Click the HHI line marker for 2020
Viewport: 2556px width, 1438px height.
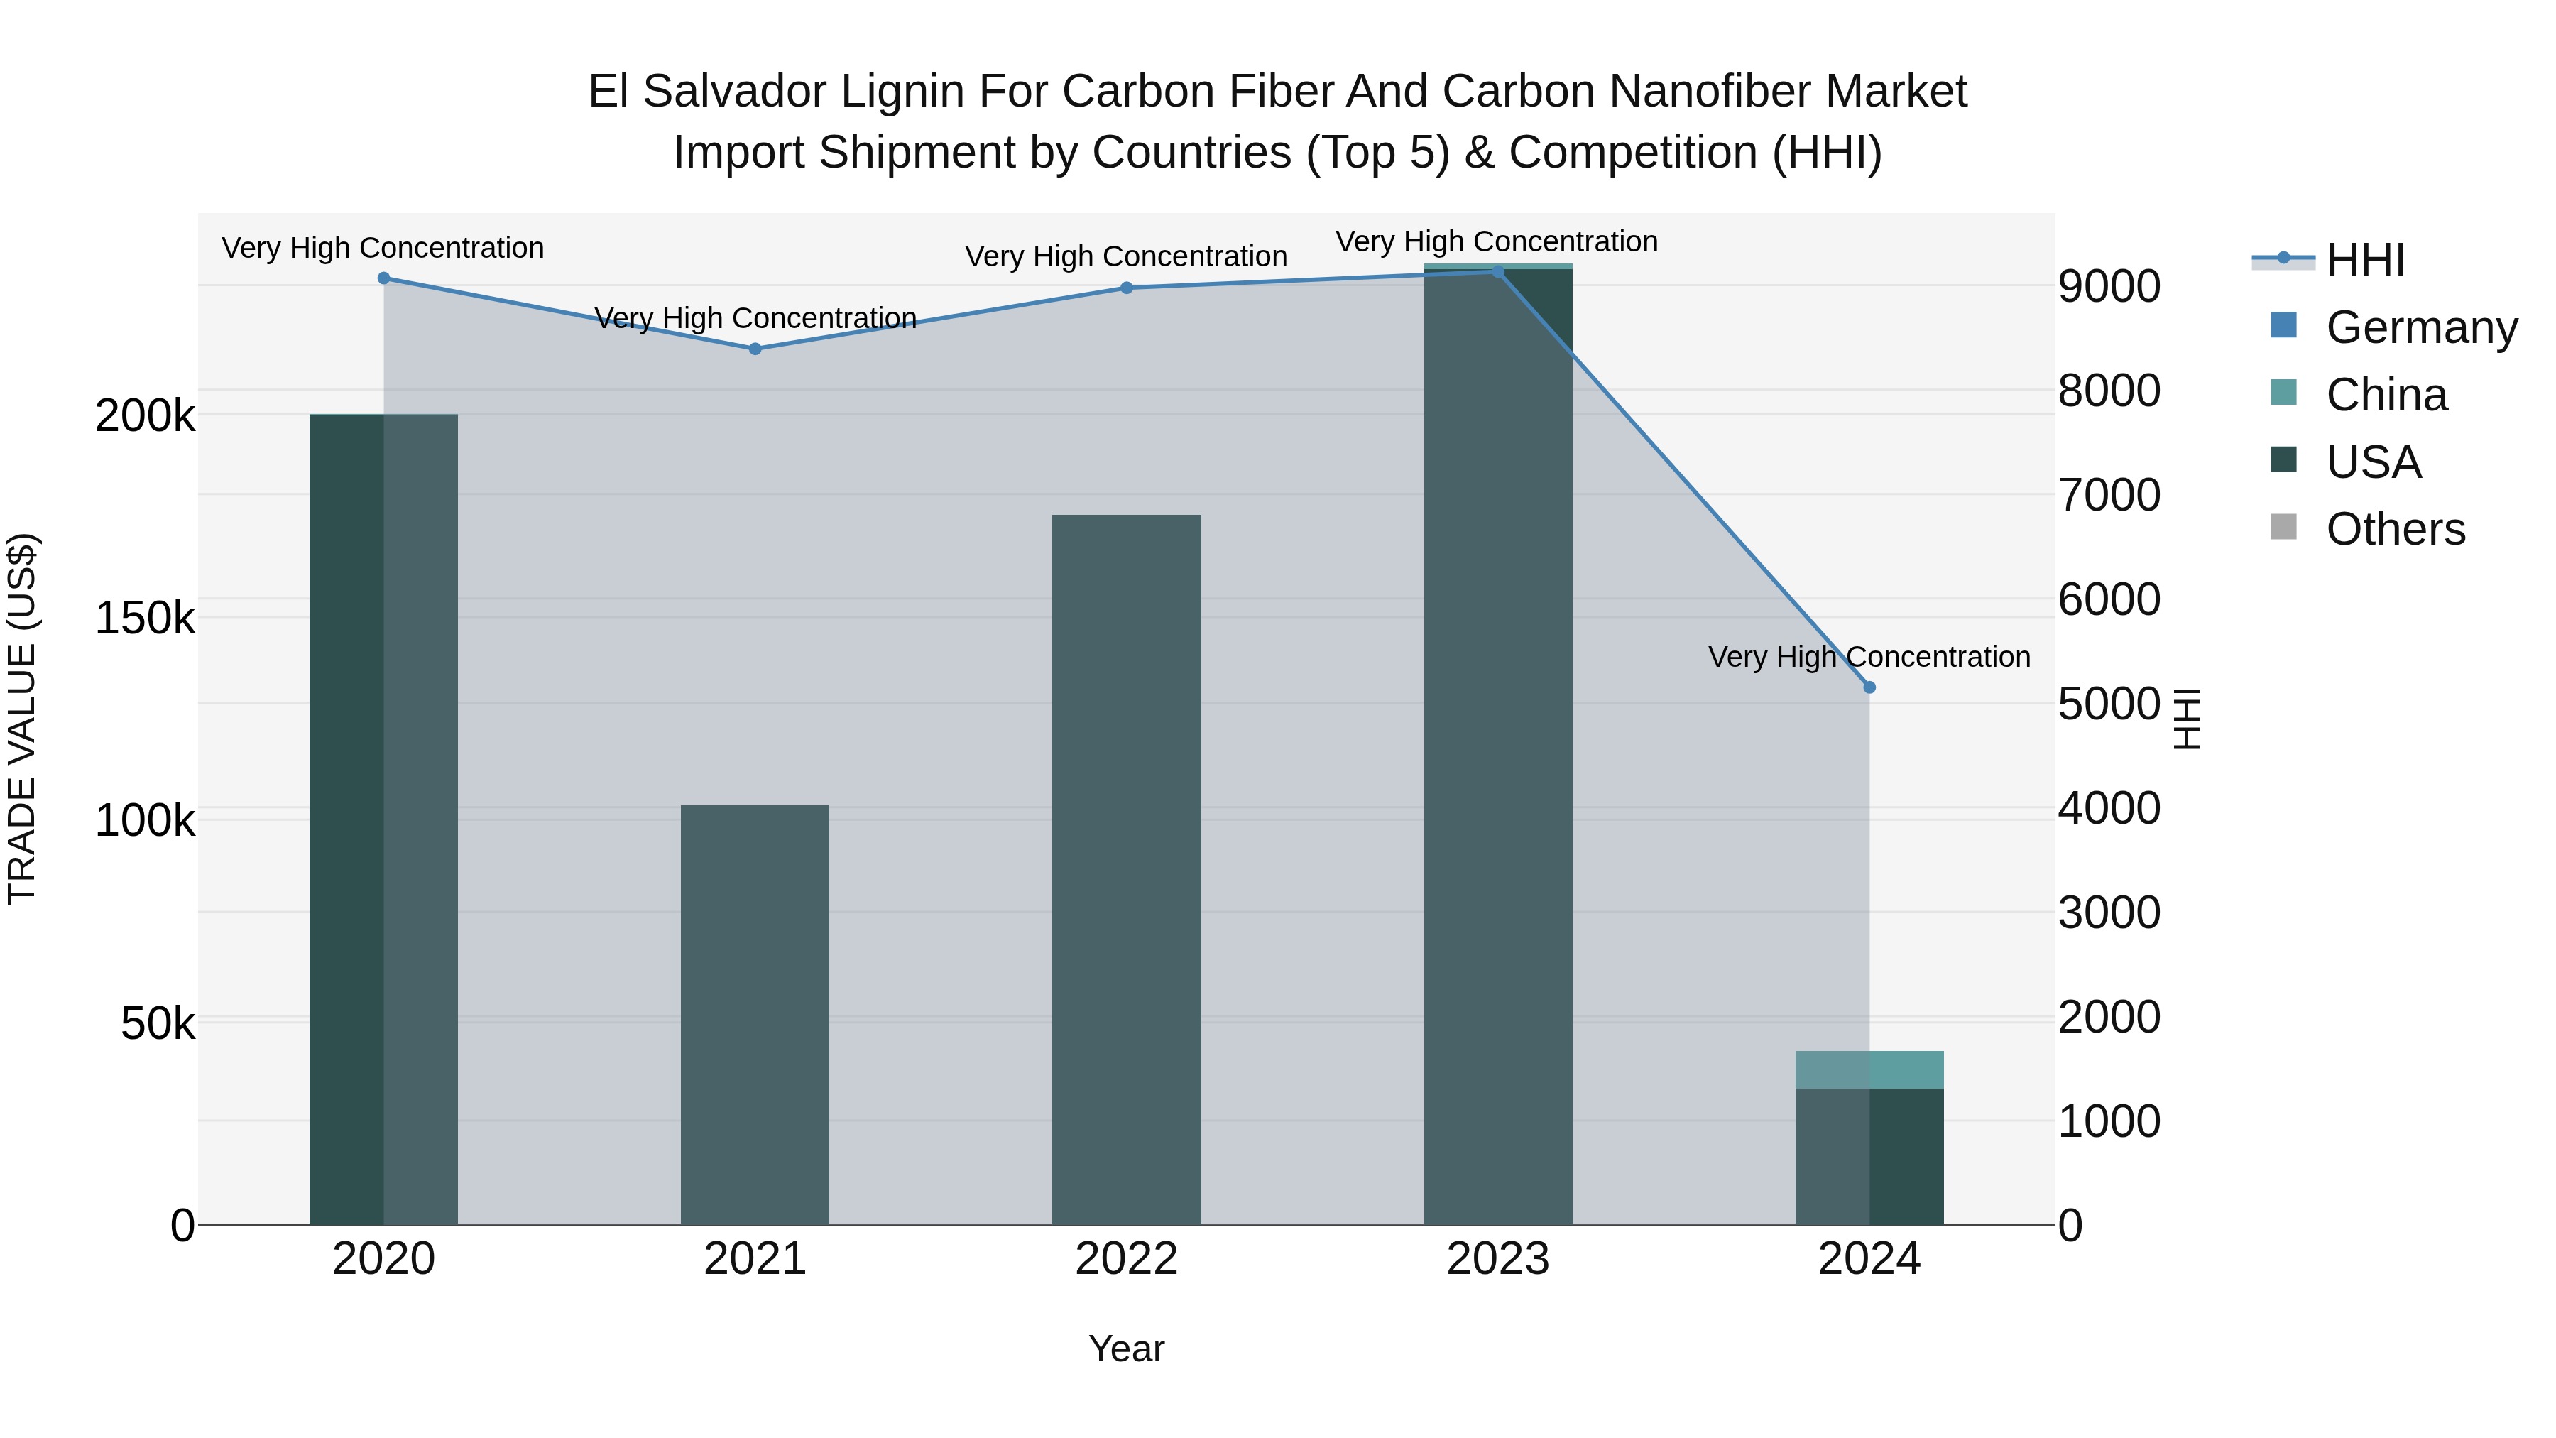coord(384,278)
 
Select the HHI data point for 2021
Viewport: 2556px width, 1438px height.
coord(755,349)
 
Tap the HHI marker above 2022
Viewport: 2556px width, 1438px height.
coord(1126,288)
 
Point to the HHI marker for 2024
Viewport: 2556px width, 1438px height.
coord(1869,687)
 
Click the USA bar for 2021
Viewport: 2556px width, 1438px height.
coord(755,1012)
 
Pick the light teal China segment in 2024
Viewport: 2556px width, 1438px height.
coord(1869,1070)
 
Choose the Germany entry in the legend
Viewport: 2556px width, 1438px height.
coord(2421,327)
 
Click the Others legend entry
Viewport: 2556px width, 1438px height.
coord(2396,530)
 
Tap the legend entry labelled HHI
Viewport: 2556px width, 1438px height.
coord(2366,260)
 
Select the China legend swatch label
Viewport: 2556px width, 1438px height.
coord(2386,395)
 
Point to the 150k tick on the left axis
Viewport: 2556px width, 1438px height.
coord(145,619)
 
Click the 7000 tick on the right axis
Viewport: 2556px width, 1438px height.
coord(2109,495)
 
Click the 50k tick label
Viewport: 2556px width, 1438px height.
coord(158,1024)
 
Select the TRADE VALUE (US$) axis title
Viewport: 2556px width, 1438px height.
coord(22,719)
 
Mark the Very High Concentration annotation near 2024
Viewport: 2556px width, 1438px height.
coord(1869,657)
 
